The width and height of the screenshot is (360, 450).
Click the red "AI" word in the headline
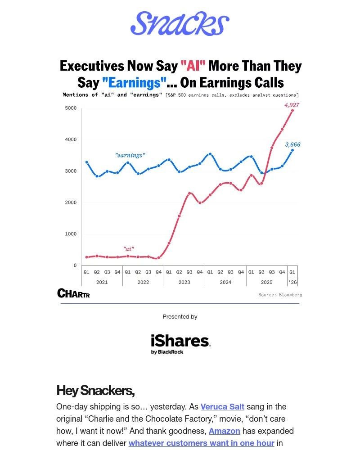click(193, 66)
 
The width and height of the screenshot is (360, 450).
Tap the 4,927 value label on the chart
click(292, 105)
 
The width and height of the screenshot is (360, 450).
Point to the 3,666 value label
click(292, 144)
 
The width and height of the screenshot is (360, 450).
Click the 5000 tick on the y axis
click(71, 108)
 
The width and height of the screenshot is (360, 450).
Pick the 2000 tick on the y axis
click(71, 202)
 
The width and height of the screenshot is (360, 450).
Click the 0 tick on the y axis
click(75, 265)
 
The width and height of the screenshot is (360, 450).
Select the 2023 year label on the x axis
click(184, 282)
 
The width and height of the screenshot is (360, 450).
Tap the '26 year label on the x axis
click(292, 282)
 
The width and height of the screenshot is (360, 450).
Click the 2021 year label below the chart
click(102, 282)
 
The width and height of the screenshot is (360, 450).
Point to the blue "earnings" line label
click(130, 155)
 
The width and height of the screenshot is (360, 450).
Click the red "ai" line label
click(129, 248)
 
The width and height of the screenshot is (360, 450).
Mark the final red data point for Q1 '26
click(292, 110)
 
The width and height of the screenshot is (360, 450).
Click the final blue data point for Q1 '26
click(292, 150)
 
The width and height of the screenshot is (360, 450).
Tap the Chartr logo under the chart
click(73, 293)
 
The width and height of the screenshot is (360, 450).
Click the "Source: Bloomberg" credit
click(280, 295)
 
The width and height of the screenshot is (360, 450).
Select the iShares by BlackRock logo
click(180, 344)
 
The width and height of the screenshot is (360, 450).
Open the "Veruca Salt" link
click(222, 406)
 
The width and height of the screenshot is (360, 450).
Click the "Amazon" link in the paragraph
click(224, 431)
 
